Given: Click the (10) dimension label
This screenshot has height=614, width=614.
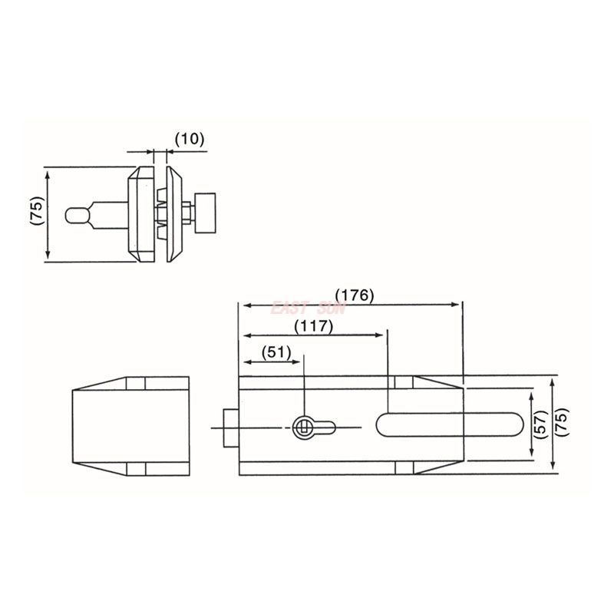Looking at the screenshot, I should pyautogui.click(x=189, y=139).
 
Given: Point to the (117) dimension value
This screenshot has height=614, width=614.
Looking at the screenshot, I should pyautogui.click(x=312, y=325).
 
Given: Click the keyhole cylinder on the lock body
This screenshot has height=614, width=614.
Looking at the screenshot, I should pyautogui.click(x=304, y=426).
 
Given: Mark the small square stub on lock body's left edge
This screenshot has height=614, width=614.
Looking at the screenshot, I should pyautogui.click(x=230, y=427).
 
